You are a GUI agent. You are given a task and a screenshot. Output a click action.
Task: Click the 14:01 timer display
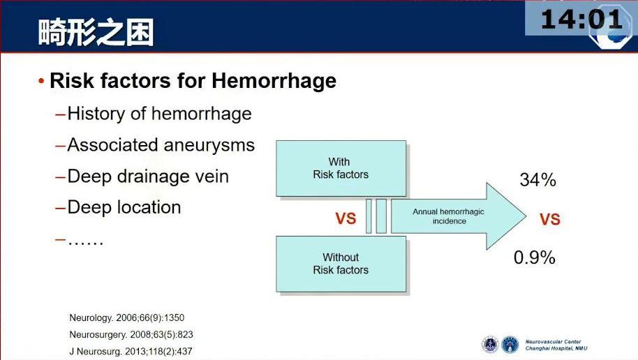(x=581, y=19)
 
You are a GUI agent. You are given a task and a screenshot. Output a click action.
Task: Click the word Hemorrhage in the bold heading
(x=274, y=80)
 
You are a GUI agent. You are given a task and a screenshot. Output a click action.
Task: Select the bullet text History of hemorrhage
(x=159, y=114)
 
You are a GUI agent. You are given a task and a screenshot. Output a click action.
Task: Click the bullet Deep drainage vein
(x=148, y=177)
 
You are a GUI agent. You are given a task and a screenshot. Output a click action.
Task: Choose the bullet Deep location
(x=124, y=207)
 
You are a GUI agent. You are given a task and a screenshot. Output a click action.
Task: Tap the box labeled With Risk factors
(x=341, y=168)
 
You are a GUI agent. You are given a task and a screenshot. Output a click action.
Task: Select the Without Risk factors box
(x=341, y=264)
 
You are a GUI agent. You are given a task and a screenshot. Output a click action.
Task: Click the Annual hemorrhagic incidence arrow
(x=459, y=216)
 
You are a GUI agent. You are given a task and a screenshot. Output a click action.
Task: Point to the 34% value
(x=537, y=180)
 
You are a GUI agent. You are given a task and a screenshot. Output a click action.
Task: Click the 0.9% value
(x=534, y=257)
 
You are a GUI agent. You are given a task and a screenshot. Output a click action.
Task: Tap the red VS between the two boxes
(x=346, y=218)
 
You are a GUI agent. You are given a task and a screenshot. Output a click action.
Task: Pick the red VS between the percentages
(x=550, y=220)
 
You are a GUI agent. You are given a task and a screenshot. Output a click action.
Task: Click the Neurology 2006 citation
(x=126, y=317)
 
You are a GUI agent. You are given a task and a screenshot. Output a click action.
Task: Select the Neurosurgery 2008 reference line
(x=131, y=334)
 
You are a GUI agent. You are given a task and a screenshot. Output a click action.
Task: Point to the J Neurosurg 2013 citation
(x=131, y=352)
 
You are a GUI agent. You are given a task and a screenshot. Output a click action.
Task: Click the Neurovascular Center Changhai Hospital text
(x=556, y=345)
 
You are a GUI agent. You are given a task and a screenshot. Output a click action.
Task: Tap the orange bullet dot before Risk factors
(x=41, y=81)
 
